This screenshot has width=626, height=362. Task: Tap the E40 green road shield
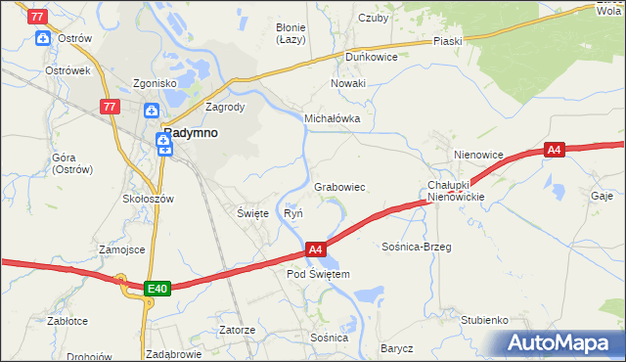coord(158,289)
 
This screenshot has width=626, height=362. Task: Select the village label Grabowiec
coord(339,186)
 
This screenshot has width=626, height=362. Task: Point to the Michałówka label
coord(333,118)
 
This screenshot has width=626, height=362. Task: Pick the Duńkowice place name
coord(370,57)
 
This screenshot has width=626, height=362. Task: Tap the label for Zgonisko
coord(156,83)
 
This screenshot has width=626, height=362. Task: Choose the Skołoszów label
coord(148,199)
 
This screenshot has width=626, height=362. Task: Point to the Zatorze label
coord(237,330)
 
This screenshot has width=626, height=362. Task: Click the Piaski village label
coord(447,41)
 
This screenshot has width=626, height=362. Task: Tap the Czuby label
coord(374,17)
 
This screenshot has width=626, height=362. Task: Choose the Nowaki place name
coord(347,83)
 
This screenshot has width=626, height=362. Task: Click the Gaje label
coord(602,196)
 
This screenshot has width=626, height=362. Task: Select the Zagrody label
coord(224,107)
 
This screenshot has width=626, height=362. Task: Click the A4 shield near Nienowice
coord(555,150)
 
